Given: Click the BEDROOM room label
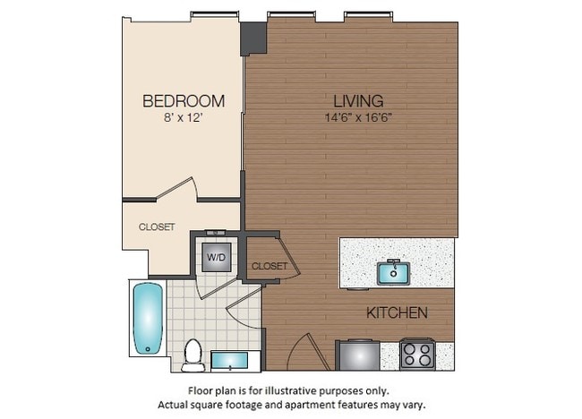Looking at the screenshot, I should [x=184, y=100].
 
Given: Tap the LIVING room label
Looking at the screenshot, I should [x=358, y=100].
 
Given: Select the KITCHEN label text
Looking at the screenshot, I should [x=397, y=313].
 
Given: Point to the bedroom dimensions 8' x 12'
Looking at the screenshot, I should [x=184, y=116].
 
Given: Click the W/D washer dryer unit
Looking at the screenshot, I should [x=217, y=257].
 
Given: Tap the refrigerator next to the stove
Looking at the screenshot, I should [x=357, y=355].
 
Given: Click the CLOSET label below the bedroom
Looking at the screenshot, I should [x=157, y=227].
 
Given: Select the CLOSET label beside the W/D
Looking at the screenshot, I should [x=269, y=266].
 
